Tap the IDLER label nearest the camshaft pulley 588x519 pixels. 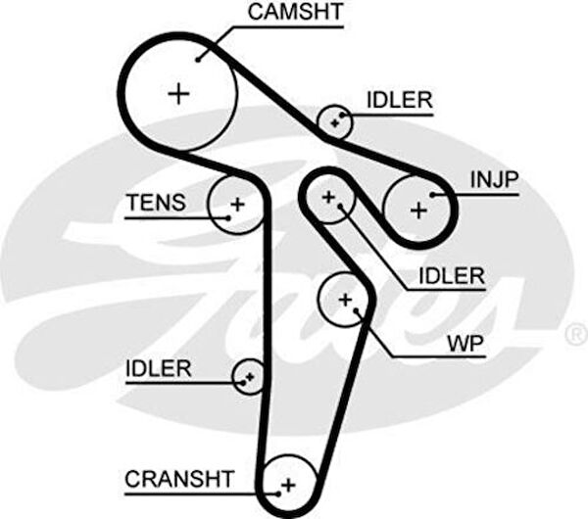click(399, 100)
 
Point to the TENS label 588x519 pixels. click(155, 203)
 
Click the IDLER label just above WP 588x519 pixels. click(451, 276)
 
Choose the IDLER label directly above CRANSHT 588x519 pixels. click(159, 368)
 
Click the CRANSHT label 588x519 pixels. click(179, 479)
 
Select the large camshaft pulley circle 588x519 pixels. click(178, 93)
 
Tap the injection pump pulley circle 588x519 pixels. click(418, 209)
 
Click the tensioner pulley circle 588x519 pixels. click(236, 205)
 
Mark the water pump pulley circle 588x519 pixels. click(345, 298)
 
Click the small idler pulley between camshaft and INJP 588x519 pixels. click(335, 122)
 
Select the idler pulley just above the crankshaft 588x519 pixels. click(248, 375)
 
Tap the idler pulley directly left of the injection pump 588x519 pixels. click(329, 199)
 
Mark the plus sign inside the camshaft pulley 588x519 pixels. click(178, 94)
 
